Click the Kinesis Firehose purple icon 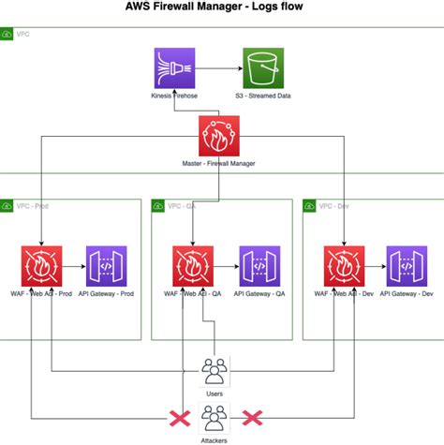(174, 68)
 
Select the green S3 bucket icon (264, 68)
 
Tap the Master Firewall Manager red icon (219, 138)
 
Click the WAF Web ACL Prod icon (41, 266)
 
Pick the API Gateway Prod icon (107, 266)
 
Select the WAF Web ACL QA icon (193, 266)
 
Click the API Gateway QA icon (259, 266)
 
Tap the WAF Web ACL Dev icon (345, 266)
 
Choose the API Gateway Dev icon (410, 266)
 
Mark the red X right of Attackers (251, 417)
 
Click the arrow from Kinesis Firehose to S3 (218, 68)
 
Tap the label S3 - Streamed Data (264, 97)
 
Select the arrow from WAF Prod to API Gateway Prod (74, 266)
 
